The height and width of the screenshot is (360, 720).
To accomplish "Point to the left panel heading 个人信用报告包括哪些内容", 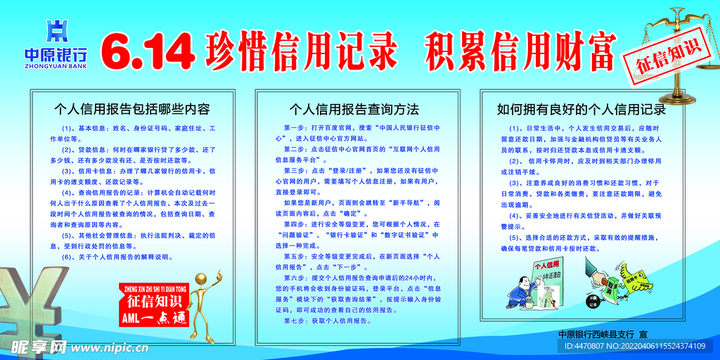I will click(x=132, y=109).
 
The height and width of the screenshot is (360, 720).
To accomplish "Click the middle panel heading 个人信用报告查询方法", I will click(x=354, y=109).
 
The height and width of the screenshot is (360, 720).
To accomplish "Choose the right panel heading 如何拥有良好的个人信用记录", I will click(x=581, y=109).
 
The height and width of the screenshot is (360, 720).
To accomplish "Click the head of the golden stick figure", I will click(x=201, y=280).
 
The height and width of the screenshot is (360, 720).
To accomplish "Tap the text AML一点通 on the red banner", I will click(x=153, y=318).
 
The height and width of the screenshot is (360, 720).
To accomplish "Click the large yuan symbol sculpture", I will click(x=35, y=302).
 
